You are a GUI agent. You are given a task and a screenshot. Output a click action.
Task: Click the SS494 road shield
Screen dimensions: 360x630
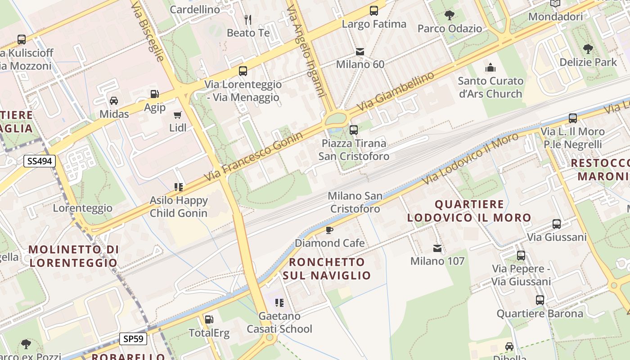click(x=39, y=161)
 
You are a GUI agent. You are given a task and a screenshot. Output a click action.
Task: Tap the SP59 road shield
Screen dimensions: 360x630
click(x=133, y=339)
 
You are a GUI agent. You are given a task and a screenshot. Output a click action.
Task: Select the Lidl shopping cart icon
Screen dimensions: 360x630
click(x=178, y=115)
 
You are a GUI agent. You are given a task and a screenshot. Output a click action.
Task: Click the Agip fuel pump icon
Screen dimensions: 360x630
click(x=154, y=94)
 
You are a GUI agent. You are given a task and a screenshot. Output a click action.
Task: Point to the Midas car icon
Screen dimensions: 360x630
click(x=114, y=101)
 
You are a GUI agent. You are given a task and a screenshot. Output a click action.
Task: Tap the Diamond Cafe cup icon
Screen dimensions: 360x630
click(x=329, y=230)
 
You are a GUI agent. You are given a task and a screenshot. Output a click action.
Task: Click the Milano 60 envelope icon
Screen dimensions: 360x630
click(x=360, y=52)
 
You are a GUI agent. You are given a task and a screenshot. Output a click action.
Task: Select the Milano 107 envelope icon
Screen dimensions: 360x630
click(x=437, y=248)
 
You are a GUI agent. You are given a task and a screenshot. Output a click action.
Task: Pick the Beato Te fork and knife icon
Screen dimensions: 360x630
click(x=248, y=19)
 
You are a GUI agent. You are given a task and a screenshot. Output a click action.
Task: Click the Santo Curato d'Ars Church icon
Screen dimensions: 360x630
click(x=490, y=68)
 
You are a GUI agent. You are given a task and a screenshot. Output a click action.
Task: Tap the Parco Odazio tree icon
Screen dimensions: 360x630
click(x=449, y=15)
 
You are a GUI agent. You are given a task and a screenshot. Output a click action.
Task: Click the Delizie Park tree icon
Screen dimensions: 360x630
click(x=588, y=49)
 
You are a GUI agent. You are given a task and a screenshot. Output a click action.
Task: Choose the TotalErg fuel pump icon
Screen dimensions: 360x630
click(x=209, y=319)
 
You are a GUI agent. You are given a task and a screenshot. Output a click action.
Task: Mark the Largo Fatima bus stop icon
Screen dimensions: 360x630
click(x=374, y=10)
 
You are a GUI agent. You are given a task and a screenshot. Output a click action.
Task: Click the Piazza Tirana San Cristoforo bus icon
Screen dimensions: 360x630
click(x=354, y=130)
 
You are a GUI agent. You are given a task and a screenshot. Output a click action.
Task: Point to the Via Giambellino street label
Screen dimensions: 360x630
click(x=397, y=91)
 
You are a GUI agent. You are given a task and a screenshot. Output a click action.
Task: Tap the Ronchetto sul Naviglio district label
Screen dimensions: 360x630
click(x=327, y=269)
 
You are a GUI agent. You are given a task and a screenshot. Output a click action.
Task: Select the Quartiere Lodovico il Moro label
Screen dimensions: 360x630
click(x=469, y=211)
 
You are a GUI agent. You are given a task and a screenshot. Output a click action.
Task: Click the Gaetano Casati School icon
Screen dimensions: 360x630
click(x=279, y=303)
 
